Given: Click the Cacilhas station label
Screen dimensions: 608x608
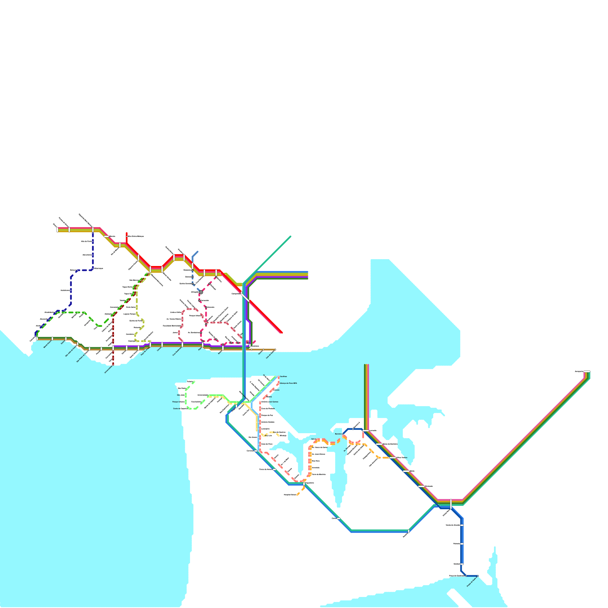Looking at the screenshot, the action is pyautogui.click(x=283, y=377).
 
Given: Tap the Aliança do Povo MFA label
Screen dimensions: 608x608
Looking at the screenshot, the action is pyautogui.click(x=288, y=383).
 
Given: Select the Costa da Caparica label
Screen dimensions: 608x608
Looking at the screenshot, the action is pyautogui.click(x=180, y=408).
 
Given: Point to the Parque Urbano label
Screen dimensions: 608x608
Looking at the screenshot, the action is pyautogui.click(x=178, y=402).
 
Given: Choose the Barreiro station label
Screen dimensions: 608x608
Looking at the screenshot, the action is pyautogui.click(x=338, y=434).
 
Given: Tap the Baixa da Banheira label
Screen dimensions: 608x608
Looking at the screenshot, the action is pyautogui.click(x=390, y=444).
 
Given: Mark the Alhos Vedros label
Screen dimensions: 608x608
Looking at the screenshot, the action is pyautogui.click(x=402, y=458).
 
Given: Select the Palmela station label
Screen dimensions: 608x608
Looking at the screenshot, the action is pyautogui.click(x=456, y=544).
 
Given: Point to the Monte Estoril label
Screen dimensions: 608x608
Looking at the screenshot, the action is pyautogui.click(x=47, y=344).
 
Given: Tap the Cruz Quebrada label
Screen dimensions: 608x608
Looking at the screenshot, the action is pyautogui.click(x=177, y=351).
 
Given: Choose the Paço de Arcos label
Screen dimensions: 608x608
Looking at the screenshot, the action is pyautogui.click(x=145, y=352).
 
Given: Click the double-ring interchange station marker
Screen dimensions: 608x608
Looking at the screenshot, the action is pyautogui.click(x=201, y=292).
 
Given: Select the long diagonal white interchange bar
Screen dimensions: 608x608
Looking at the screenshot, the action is pyautogui.click(x=245, y=297).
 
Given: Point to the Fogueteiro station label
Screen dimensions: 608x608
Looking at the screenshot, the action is pyautogui.click(x=309, y=483).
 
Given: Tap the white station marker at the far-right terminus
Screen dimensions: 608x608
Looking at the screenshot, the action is pyautogui.click(x=587, y=372).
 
